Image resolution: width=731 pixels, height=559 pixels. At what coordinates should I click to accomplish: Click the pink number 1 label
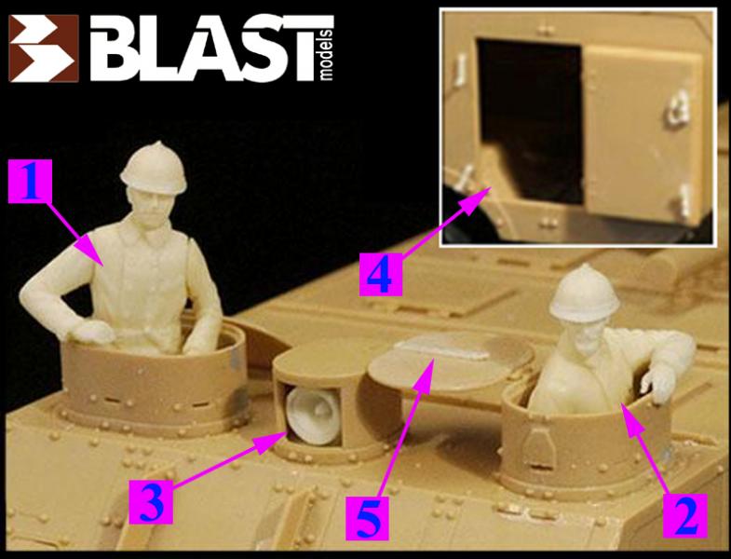point(31,181)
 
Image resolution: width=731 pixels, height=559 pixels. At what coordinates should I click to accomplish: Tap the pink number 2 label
point(685,515)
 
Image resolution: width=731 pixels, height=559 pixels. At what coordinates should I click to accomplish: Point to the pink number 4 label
point(381,274)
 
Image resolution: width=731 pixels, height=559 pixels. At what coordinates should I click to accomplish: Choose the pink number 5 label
point(367,518)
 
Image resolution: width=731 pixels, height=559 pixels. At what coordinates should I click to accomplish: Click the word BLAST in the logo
point(211,48)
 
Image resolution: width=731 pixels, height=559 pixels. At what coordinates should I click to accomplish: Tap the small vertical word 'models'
point(327,55)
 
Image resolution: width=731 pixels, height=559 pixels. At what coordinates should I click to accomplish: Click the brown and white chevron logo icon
point(44,48)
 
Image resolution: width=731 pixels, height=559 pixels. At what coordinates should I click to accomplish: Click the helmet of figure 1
point(154,169)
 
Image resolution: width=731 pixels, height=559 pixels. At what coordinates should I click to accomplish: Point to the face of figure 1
point(150,205)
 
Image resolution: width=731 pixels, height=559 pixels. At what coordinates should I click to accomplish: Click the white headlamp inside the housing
point(314,416)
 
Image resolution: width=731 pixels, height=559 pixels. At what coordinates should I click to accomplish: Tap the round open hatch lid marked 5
point(451,361)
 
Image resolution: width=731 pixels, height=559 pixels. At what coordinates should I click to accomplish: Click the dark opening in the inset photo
point(529,116)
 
